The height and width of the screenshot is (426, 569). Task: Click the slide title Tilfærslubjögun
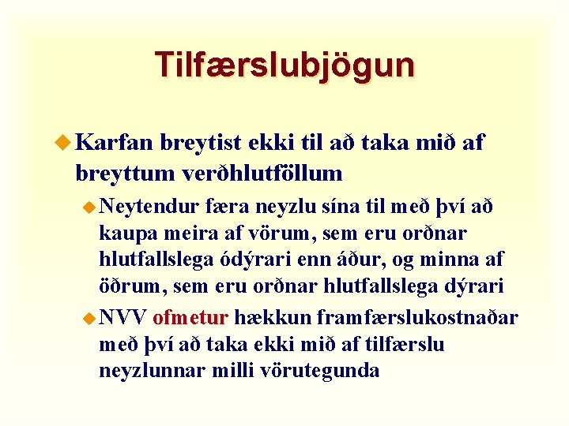(284, 65)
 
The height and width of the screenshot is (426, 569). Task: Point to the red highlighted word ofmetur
(190, 317)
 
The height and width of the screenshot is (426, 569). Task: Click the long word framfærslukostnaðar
(417, 317)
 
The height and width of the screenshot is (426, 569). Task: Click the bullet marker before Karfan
(66, 142)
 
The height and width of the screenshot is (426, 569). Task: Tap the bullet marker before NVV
(91, 317)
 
